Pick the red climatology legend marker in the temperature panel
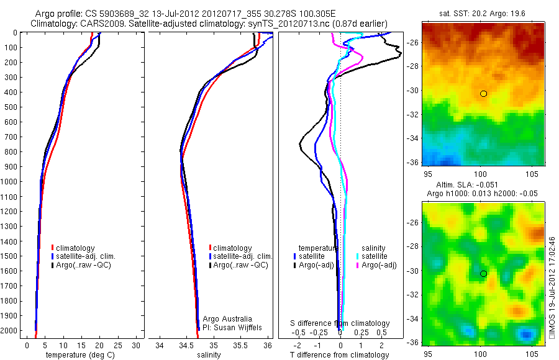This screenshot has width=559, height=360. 53,248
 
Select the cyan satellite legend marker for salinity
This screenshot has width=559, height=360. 358,256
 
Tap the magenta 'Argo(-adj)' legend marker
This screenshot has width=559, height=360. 358,265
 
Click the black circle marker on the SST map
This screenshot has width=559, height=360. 483,94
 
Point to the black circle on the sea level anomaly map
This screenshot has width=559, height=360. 483,274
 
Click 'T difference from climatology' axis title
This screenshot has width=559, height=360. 339,355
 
